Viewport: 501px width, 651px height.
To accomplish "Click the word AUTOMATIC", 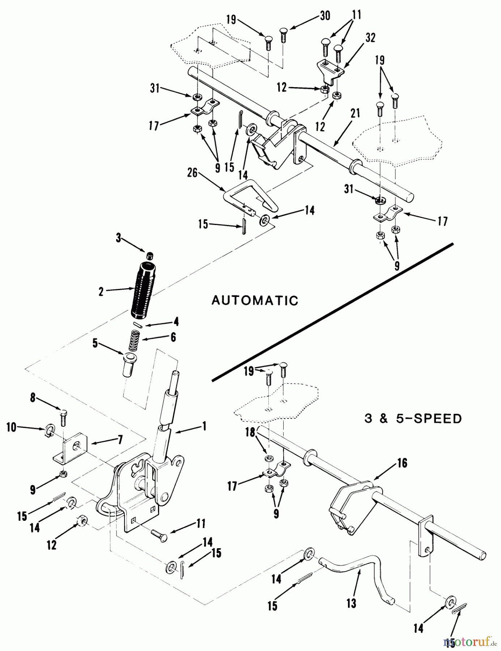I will (x=255, y=300).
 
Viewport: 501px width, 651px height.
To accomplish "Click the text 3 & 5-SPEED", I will (x=412, y=418).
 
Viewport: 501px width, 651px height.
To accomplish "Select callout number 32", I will (x=370, y=38).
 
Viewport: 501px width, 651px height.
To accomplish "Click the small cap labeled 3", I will (x=150, y=256).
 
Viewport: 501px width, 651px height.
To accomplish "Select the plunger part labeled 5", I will (x=129, y=365).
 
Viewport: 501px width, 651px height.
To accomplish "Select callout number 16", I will (x=402, y=463).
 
